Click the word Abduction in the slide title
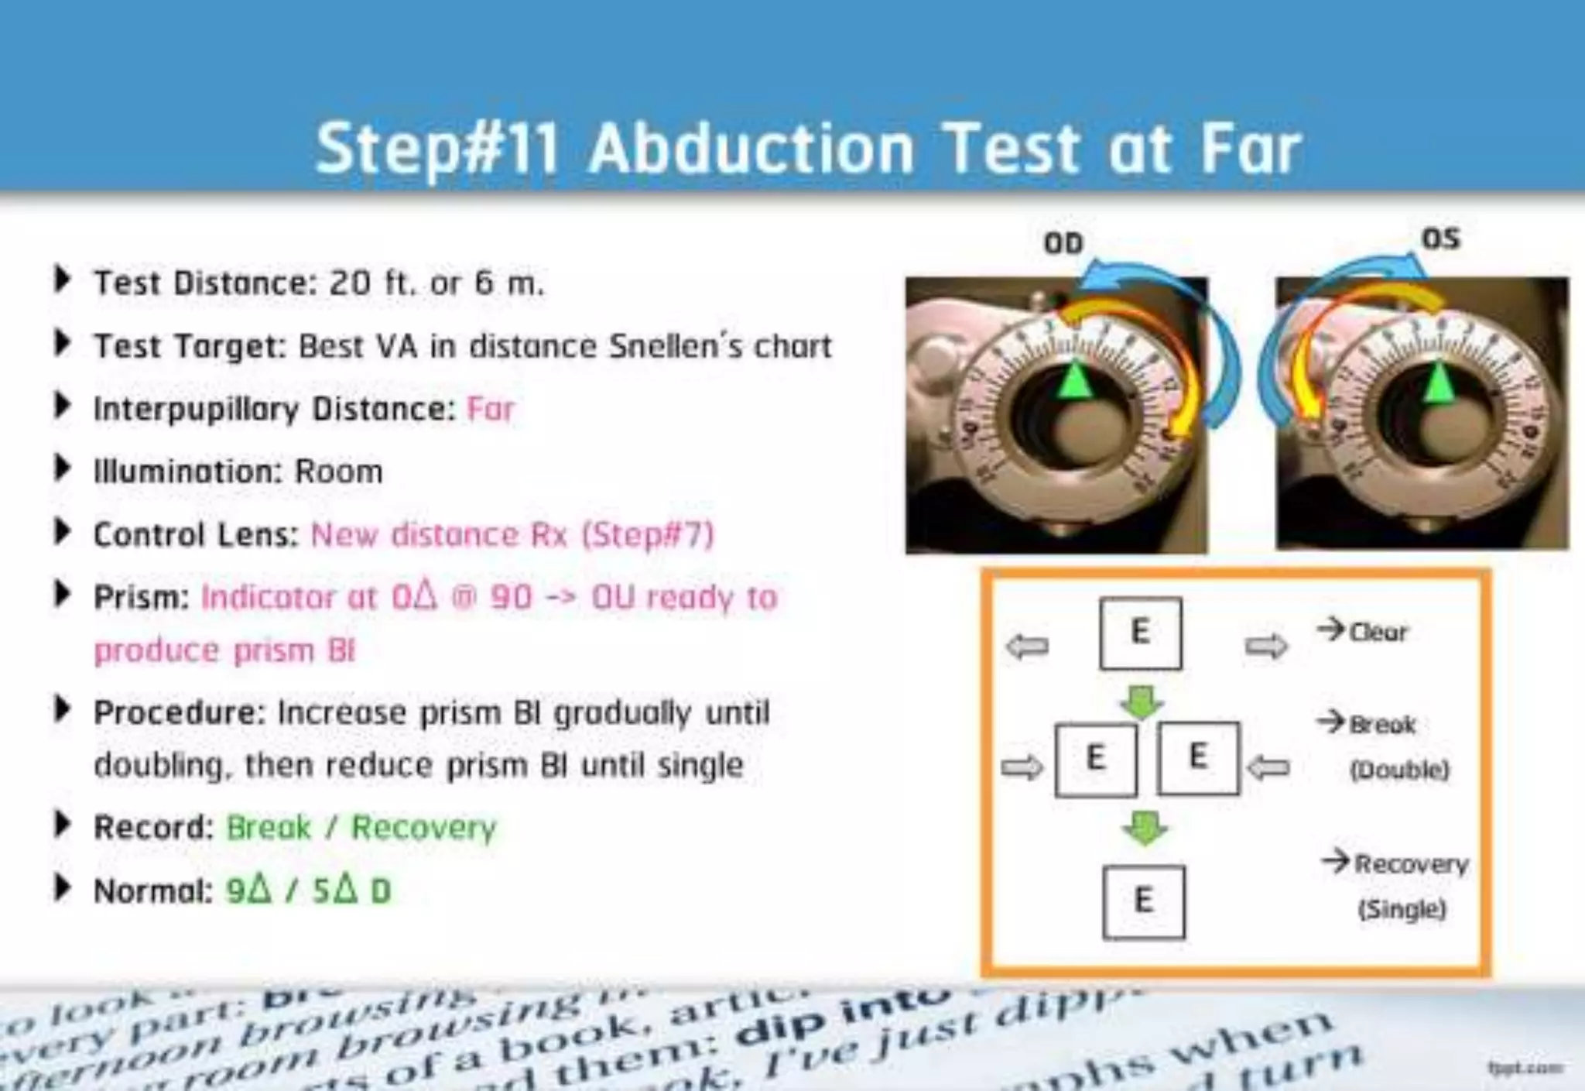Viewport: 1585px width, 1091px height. (751, 149)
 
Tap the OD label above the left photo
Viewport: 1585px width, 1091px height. (1063, 243)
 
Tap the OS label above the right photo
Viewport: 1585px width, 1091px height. (1440, 238)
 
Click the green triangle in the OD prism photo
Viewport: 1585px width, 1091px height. (1075, 380)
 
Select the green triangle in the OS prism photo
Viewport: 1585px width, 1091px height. (1439, 383)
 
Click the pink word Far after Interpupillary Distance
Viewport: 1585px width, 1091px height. (491, 409)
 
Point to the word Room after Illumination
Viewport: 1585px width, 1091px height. (339, 472)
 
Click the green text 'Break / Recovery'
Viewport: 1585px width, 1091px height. (361, 828)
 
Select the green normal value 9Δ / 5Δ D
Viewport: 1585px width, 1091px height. (308, 890)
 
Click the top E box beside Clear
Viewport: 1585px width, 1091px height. (1140, 633)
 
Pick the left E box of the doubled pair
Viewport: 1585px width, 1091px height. (1096, 759)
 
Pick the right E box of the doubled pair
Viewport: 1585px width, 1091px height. (1198, 757)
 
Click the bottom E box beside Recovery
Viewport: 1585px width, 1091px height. (1143, 901)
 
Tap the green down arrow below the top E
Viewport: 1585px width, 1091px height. (1141, 701)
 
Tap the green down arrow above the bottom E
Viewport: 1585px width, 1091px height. (1145, 827)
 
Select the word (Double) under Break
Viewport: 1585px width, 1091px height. (1399, 770)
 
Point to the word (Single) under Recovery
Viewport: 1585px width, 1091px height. (1402, 908)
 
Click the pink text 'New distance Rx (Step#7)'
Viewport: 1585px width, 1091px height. (512, 534)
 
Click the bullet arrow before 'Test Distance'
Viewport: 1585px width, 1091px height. (62, 279)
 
